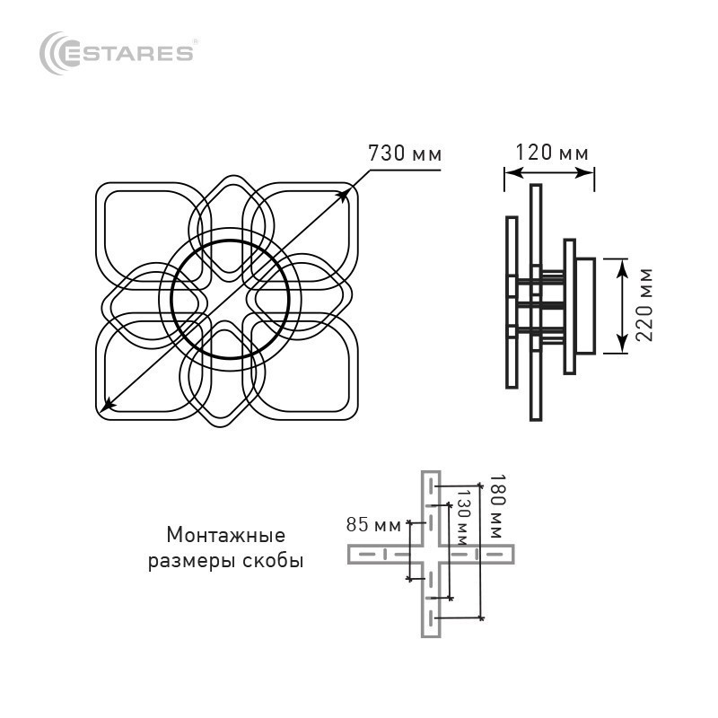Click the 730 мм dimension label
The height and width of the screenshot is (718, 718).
pyautogui.click(x=406, y=153)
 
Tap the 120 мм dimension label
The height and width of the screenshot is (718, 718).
pyautogui.click(x=552, y=153)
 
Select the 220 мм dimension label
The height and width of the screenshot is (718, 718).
pyautogui.click(x=644, y=305)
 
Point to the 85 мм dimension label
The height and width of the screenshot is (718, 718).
pyautogui.click(x=373, y=525)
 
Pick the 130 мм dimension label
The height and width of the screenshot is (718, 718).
pyautogui.click(x=463, y=518)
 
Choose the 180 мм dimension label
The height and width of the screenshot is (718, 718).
pyautogui.click(x=497, y=506)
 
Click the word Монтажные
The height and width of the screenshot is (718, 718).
pyautogui.click(x=226, y=535)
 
